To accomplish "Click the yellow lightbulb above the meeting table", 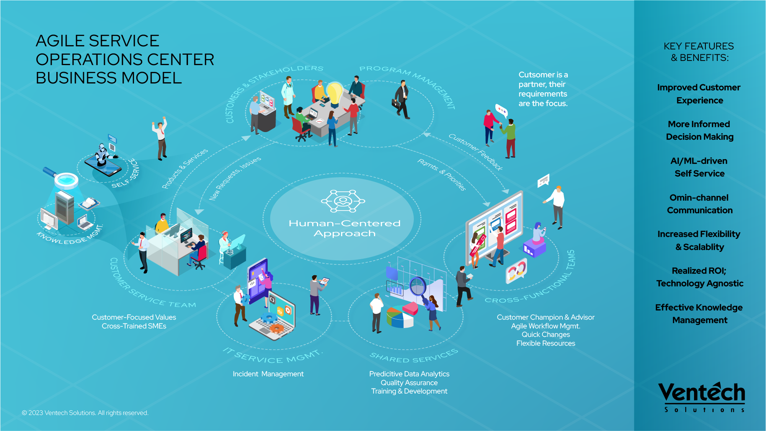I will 335,93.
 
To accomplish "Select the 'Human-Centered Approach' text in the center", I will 344,228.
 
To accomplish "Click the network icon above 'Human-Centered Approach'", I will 343,201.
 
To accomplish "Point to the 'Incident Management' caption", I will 268,374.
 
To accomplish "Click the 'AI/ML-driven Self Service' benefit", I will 699,167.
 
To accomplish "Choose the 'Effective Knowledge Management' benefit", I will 699,314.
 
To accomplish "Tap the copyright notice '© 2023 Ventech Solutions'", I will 85,413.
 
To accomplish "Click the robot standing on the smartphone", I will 103,155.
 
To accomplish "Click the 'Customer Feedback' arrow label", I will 476,152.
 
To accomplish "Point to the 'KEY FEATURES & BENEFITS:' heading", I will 699,52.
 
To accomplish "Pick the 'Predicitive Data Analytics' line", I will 409,374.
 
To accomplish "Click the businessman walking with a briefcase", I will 402,100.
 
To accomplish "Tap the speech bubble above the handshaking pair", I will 501,111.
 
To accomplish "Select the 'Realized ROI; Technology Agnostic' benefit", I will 699,277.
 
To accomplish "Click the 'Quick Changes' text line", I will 546,335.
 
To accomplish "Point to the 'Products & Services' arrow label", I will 185,168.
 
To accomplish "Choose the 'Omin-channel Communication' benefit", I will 699,204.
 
